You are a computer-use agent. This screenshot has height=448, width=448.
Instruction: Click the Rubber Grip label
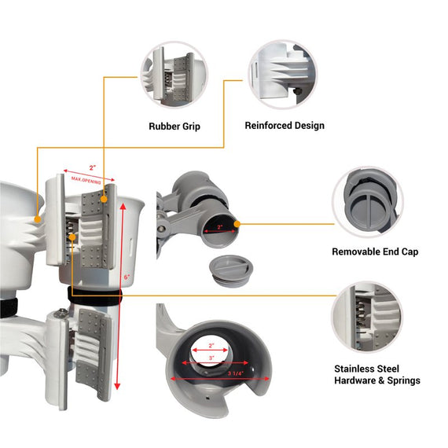pyautogui.click(x=174, y=127)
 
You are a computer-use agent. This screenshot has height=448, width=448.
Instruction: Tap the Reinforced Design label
pyautogui.click(x=285, y=126)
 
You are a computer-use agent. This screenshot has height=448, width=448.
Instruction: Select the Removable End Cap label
pyautogui.click(x=375, y=252)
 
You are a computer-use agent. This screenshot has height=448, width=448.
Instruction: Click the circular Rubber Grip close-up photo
pyautogui.click(x=174, y=75)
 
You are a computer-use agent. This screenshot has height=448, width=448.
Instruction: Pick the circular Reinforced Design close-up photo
pyautogui.click(x=283, y=75)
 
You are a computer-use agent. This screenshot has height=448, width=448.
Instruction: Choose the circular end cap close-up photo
pyautogui.click(x=368, y=202)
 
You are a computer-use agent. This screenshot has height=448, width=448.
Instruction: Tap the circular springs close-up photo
pyautogui.click(x=367, y=317)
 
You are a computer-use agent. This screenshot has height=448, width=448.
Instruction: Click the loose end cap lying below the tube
pyautogui.click(x=231, y=271)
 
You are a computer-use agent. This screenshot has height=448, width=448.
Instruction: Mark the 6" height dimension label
pyautogui.click(x=127, y=277)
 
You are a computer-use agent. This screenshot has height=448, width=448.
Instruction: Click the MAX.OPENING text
pyautogui.click(x=86, y=180)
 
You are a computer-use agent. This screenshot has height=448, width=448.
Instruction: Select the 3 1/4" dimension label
pyautogui.click(x=236, y=373)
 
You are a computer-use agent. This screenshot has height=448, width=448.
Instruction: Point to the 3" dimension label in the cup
pyautogui.click(x=211, y=358)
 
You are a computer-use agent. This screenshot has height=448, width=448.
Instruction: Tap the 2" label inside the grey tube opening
pyautogui.click(x=219, y=227)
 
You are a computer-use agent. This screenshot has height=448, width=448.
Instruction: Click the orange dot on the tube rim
pyautogui.click(x=237, y=224)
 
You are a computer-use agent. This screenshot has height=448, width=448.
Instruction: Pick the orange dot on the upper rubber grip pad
pyautogui.click(x=104, y=199)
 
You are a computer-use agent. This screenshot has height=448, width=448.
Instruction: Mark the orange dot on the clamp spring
pyautogui.click(x=72, y=237)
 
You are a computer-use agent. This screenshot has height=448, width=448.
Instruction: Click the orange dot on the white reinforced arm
pyautogui.click(x=38, y=219)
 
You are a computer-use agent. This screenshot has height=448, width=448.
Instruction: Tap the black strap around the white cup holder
pyautogui.click(x=95, y=297)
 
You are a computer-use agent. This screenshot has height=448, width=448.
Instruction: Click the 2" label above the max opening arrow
pyautogui.click(x=92, y=167)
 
